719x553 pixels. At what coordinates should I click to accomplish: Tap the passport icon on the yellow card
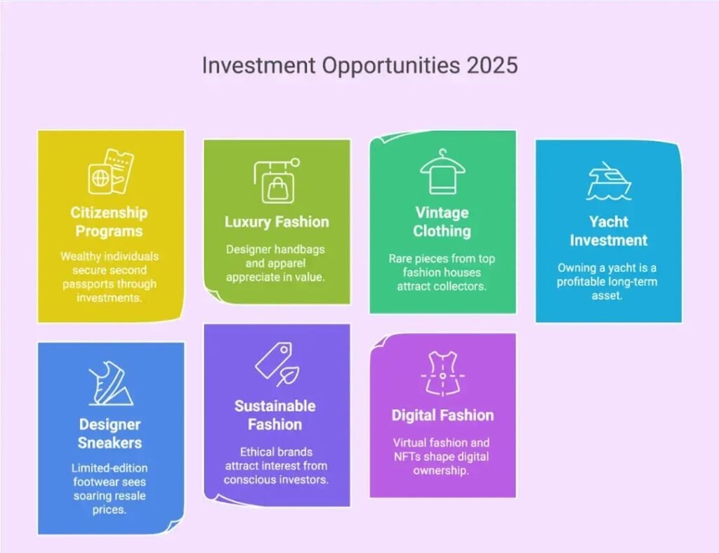pos(110,171)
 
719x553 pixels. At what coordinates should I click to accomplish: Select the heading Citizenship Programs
pos(109,221)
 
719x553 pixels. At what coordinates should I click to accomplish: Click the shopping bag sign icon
pos(276,181)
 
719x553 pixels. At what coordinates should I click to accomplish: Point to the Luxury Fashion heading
pos(277,222)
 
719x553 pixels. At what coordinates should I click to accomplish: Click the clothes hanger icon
pos(442,171)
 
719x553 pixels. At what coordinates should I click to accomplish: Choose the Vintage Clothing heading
pos(442,221)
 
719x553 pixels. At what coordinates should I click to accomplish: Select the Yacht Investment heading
pos(608,230)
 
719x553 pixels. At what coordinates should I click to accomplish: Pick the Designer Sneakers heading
pos(110,434)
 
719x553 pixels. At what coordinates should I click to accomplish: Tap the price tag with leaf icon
pos(276,365)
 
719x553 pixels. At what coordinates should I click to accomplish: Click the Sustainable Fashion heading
pos(275,415)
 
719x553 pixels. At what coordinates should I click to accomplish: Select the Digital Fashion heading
pos(442,415)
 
